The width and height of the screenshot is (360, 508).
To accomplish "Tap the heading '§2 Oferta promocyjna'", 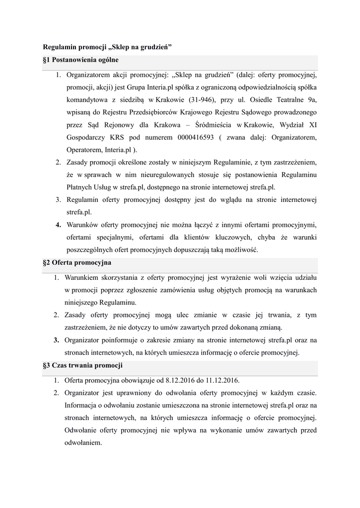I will point(77,262).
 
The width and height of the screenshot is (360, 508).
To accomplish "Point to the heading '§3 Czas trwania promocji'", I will point(83,366).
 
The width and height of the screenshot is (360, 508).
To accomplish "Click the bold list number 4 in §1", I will point(58,224).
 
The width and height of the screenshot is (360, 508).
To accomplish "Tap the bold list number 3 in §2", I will point(58,340).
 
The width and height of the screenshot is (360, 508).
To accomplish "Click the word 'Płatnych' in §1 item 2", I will point(80,187).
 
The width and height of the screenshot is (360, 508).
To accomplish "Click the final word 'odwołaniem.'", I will point(84,443).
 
